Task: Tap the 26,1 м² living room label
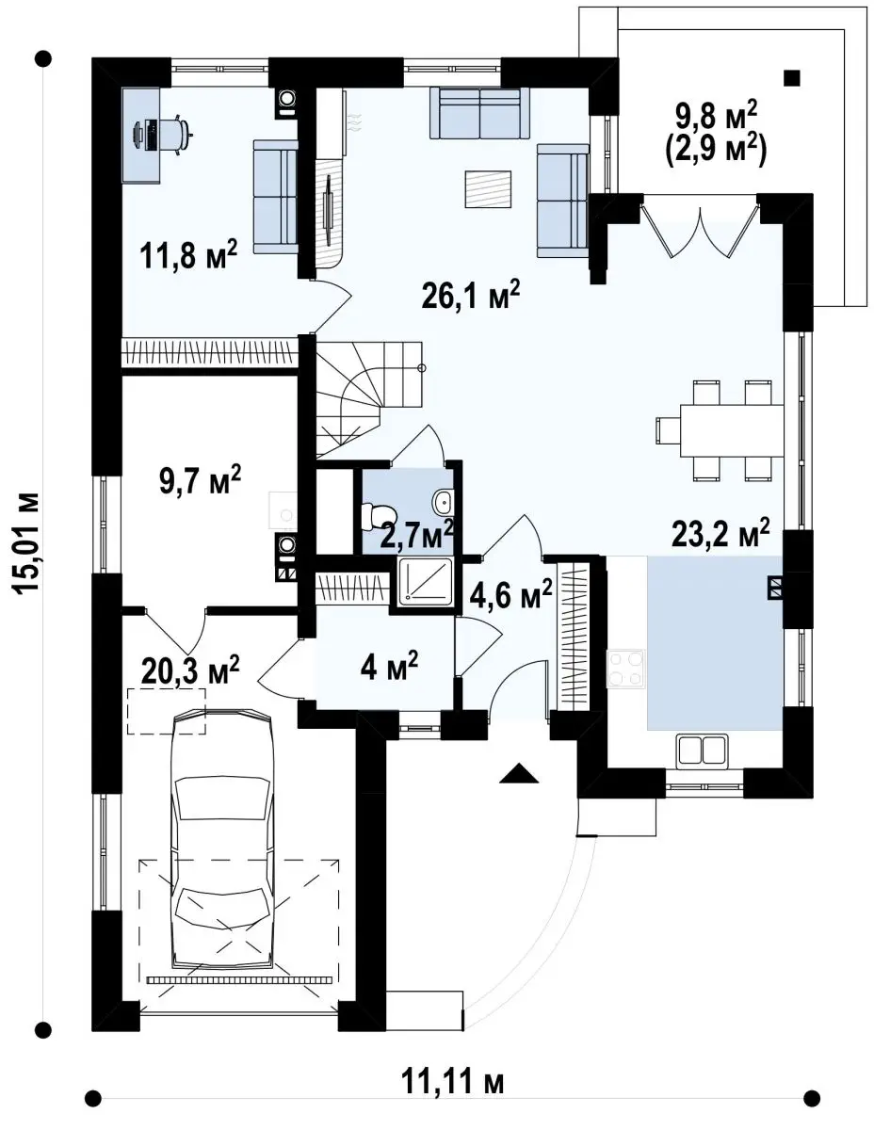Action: coord(471,296)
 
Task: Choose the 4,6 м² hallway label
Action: coord(510,594)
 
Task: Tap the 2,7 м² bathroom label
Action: coord(417,536)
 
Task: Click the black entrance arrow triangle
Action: coord(518,772)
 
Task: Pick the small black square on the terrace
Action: coord(792,78)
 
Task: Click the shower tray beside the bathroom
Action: coord(425,581)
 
